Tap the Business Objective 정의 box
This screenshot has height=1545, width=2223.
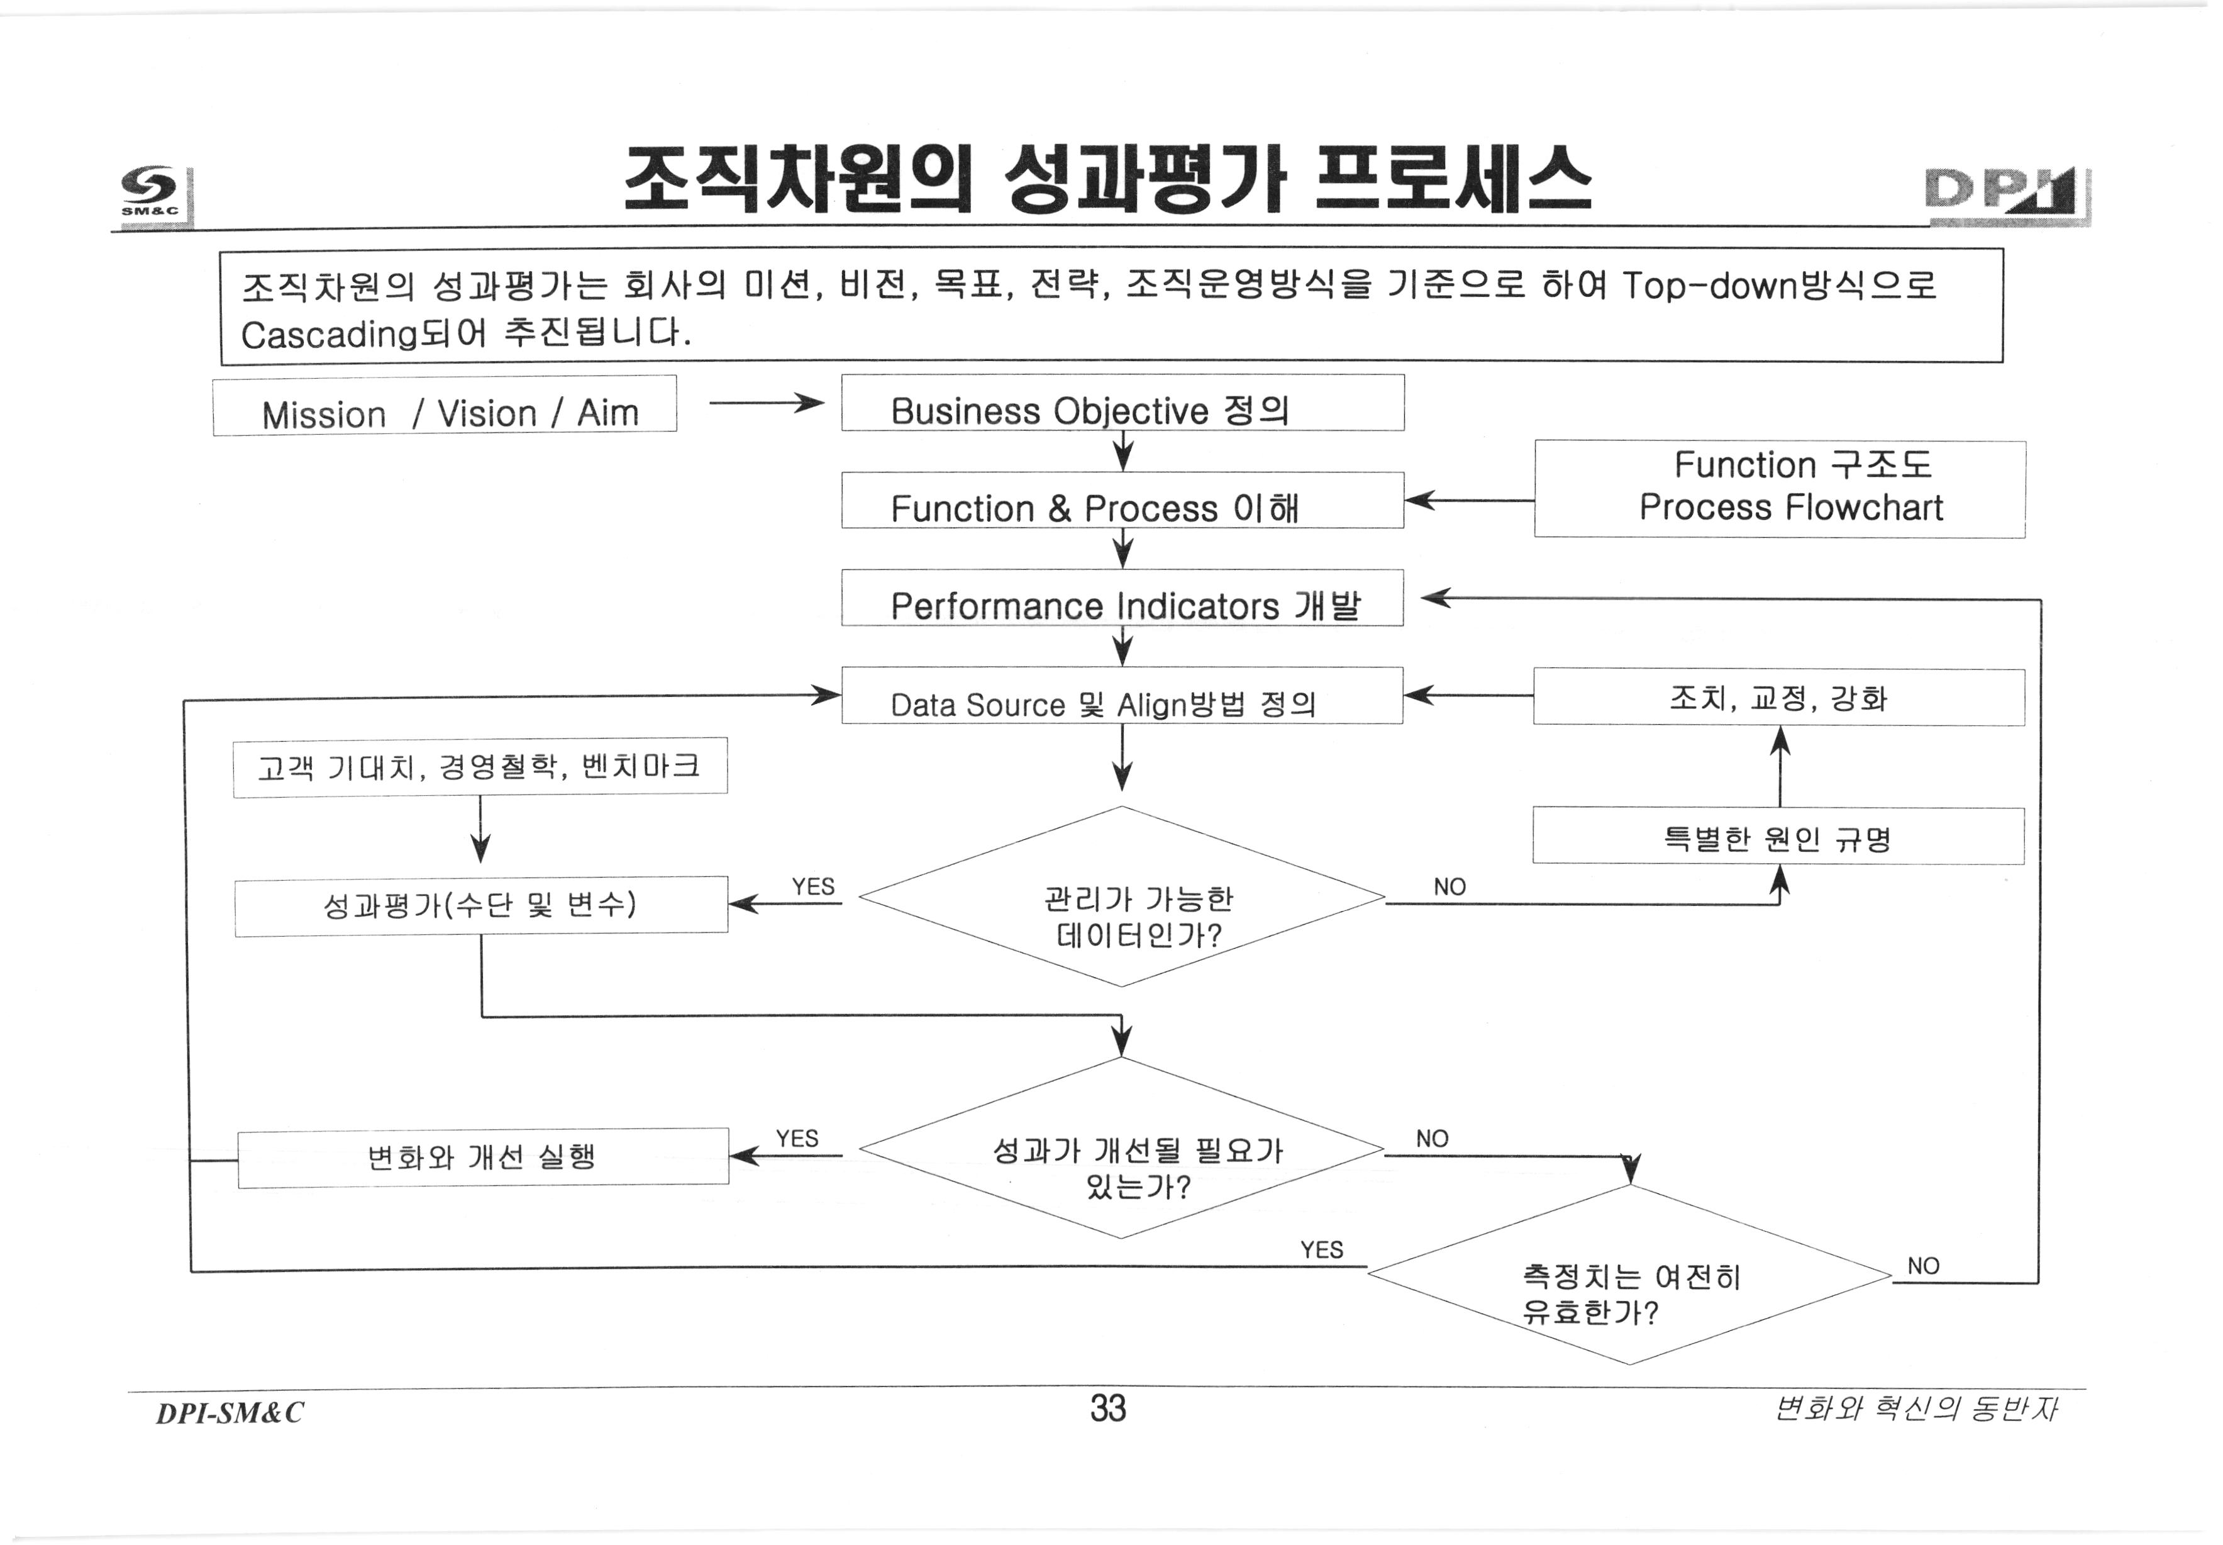tap(1122, 404)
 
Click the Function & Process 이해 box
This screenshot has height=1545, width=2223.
tap(1122, 501)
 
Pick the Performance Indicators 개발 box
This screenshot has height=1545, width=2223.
tap(1122, 598)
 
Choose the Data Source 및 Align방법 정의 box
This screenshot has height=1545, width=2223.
tap(1122, 696)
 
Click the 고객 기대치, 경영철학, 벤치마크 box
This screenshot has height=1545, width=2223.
tap(480, 767)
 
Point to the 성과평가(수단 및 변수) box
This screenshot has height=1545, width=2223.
tap(480, 905)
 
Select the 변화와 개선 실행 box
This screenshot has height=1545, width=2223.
tap(482, 1157)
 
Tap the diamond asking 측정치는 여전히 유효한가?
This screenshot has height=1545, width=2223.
tap(1630, 1276)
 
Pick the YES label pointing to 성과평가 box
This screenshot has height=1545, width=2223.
tap(813, 887)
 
